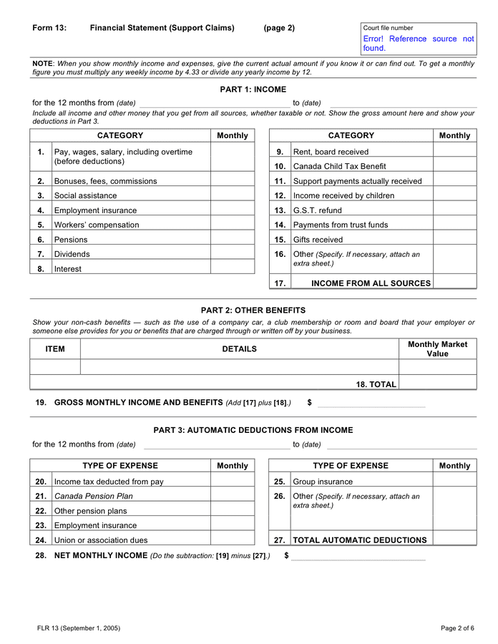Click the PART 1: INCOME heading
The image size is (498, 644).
[x=253, y=89]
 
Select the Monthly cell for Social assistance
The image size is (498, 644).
[x=232, y=195]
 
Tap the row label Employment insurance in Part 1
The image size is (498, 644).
[x=95, y=210]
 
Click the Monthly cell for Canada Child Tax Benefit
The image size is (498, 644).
[x=454, y=166]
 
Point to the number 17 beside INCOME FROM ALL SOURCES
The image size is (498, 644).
[x=280, y=283]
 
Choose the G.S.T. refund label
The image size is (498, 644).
[x=318, y=210]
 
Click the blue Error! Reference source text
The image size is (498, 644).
[x=418, y=44]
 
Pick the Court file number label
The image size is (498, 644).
[x=388, y=28]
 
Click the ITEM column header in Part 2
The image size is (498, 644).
[x=55, y=349]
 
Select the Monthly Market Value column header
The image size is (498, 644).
[x=437, y=349]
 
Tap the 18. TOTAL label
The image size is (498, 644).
[x=376, y=384]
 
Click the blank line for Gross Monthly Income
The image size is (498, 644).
[x=371, y=404]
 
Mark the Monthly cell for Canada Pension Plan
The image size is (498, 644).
[x=232, y=496]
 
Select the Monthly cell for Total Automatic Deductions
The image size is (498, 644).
[x=454, y=540]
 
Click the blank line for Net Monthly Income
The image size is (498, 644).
[x=358, y=557]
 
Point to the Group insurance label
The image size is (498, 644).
[x=323, y=482]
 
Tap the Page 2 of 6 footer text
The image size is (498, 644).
[x=457, y=628]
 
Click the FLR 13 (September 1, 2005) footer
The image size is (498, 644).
[x=79, y=628]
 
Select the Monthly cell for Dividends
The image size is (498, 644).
[x=232, y=254]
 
